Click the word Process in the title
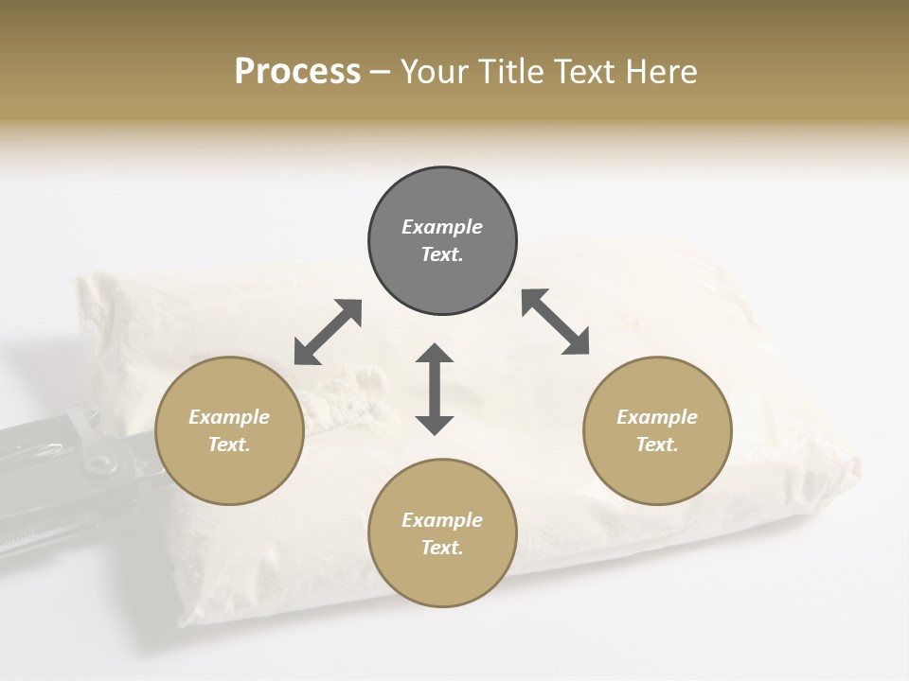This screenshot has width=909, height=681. click(297, 72)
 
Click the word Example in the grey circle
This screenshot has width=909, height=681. click(442, 227)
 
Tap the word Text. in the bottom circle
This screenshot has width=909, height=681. click(442, 548)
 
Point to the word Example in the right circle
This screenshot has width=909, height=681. click(657, 417)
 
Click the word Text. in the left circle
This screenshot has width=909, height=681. click(229, 445)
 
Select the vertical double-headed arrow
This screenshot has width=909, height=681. click(435, 389)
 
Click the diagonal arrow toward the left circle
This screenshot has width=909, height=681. click(328, 332)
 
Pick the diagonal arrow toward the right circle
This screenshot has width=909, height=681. click(556, 322)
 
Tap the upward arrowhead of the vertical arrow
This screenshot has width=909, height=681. click(435, 354)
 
